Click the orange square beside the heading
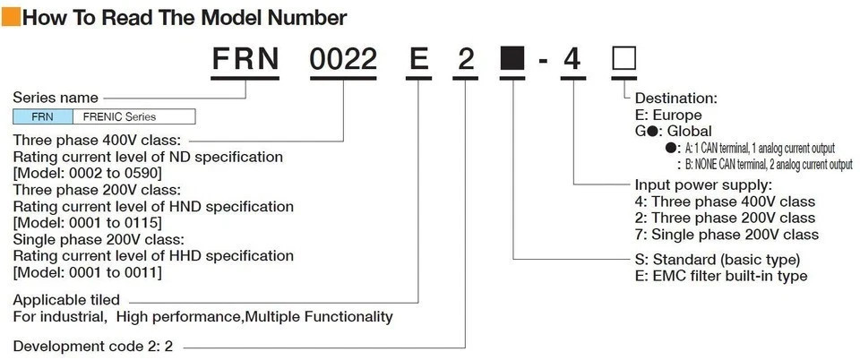click(x=11, y=17)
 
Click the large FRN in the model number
click(x=245, y=59)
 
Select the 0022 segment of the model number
click(x=343, y=59)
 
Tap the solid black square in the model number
click(x=513, y=59)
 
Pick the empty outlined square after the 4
click(x=624, y=59)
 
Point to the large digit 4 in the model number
click(x=572, y=59)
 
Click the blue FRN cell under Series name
click(x=42, y=116)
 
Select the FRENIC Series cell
click(x=133, y=116)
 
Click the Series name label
click(x=56, y=99)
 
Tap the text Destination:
click(x=675, y=99)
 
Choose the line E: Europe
click(x=668, y=115)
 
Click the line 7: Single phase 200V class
click(x=727, y=235)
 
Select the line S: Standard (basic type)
click(x=718, y=259)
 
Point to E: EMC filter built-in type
click(x=721, y=276)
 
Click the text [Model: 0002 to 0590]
click(x=87, y=174)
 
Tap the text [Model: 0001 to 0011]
click(x=87, y=272)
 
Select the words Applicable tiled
click(x=66, y=300)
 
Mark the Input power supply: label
click(x=703, y=184)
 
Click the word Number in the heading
click(x=307, y=18)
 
